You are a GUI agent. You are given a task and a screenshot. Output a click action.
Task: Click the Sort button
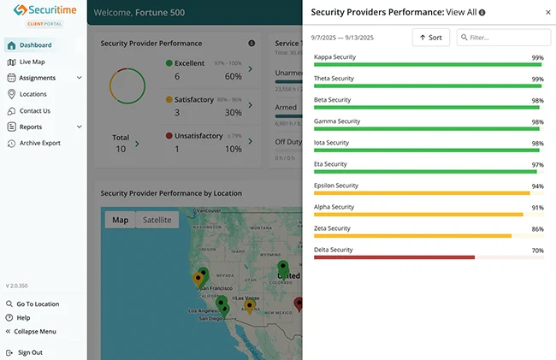(x=431, y=38)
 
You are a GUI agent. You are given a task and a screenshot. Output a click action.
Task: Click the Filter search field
(x=504, y=38)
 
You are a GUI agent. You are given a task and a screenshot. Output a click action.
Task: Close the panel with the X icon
(x=547, y=13)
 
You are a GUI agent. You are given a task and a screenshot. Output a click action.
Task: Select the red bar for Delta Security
(x=394, y=257)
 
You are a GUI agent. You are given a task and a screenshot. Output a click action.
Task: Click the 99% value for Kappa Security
(x=537, y=57)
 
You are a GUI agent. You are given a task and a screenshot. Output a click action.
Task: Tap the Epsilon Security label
(x=336, y=186)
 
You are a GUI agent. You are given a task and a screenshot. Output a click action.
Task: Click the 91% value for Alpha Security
(x=537, y=207)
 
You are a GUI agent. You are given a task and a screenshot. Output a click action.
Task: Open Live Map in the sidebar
(x=32, y=62)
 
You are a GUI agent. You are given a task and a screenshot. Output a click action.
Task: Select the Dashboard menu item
(x=35, y=45)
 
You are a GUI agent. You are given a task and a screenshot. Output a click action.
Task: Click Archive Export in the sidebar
(x=39, y=143)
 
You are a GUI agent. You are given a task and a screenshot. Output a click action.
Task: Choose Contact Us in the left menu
(x=34, y=110)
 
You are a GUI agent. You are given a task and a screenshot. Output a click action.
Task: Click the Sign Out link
(x=30, y=352)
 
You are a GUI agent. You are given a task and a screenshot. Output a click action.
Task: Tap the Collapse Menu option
(x=36, y=331)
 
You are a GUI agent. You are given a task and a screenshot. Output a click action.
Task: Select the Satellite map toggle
(x=157, y=220)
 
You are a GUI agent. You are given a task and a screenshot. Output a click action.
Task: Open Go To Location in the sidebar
(x=38, y=304)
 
